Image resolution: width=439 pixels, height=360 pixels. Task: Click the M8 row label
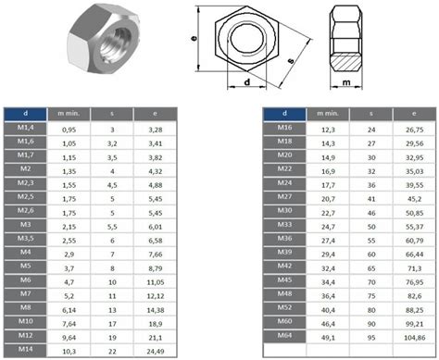(x=25, y=307)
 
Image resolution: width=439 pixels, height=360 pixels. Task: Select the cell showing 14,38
(x=156, y=310)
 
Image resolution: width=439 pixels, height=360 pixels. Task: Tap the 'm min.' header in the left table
(x=69, y=114)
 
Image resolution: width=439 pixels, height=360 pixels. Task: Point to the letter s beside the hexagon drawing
(x=291, y=61)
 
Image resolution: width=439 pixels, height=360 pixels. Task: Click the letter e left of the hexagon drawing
(x=194, y=38)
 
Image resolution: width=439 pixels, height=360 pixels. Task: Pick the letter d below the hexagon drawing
(x=247, y=82)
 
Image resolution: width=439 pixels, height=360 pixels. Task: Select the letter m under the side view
(x=346, y=82)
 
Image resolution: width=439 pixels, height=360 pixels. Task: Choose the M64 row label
(x=284, y=335)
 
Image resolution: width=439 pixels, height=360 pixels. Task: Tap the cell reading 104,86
(x=414, y=338)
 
